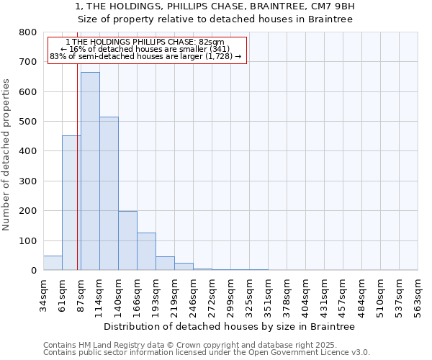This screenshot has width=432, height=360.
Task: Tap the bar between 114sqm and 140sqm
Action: tap(109, 194)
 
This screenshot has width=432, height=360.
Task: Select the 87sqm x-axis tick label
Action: tap(81, 294)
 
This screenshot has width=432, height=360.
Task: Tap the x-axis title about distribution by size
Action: tap(230, 326)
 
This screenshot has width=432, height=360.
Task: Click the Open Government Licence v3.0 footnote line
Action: tap(207, 353)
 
